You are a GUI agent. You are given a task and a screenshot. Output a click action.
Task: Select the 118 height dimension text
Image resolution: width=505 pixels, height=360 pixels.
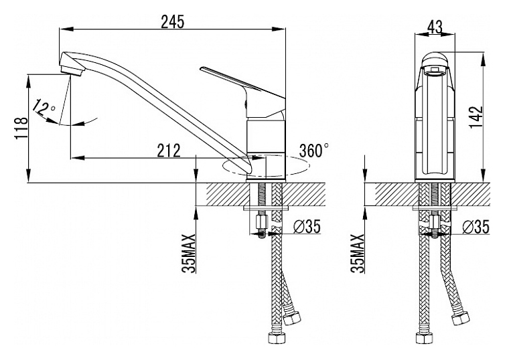point(20,126)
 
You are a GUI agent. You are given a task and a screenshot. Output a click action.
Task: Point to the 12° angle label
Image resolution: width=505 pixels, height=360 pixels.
point(44,108)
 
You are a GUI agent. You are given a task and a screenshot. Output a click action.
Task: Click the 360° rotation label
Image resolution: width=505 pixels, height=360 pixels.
point(315,150)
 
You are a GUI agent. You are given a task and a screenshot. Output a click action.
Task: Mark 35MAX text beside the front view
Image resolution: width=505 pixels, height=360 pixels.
point(358,254)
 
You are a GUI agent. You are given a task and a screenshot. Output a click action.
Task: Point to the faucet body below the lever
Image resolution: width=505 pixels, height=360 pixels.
point(267,141)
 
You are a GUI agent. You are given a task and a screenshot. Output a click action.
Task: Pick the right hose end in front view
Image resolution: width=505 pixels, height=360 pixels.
point(459,319)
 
